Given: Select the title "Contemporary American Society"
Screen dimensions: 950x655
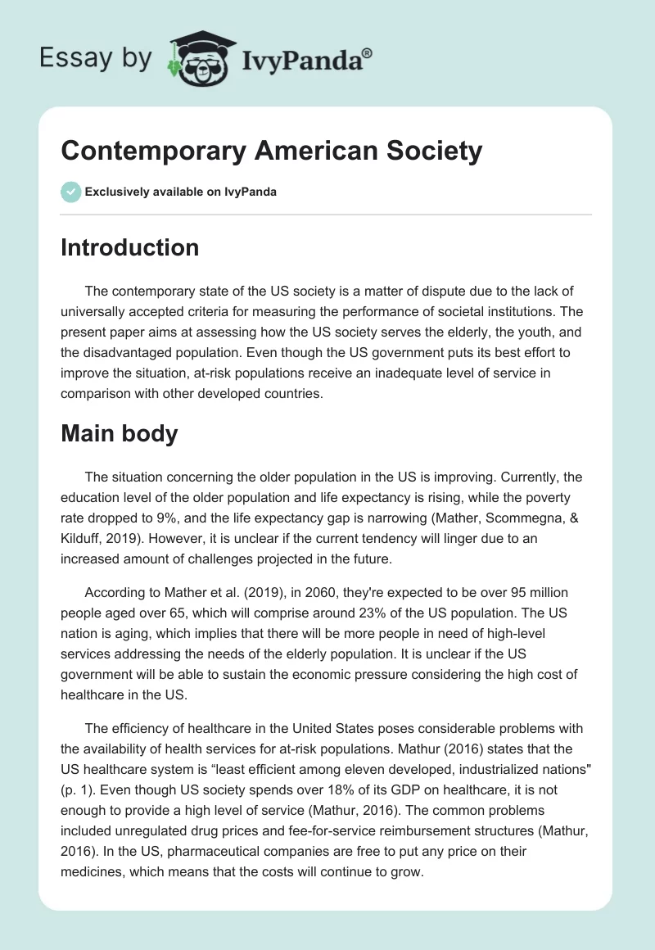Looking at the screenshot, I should [271, 151].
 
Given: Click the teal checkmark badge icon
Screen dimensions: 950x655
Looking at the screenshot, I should [70, 192].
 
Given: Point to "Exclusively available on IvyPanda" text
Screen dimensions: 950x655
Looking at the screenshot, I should [181, 192].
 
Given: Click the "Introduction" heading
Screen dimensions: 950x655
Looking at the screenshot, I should [129, 247].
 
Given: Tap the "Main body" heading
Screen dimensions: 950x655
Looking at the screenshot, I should [119, 433].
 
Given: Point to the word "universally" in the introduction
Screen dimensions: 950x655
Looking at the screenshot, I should [97, 311].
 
